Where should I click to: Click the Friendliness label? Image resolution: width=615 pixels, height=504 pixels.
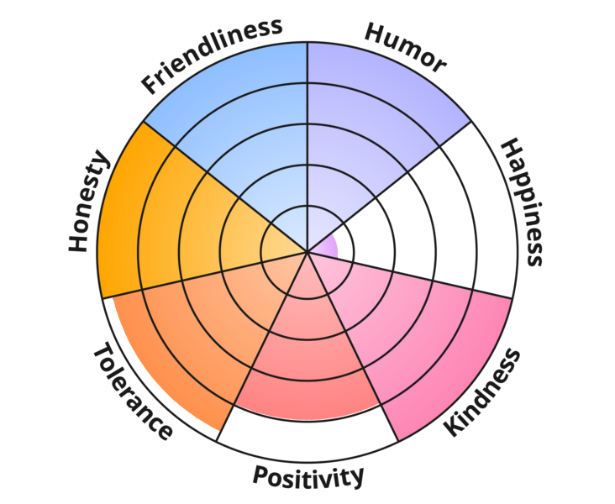coord(212,55)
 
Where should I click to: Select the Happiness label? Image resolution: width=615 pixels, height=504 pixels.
coord(523,202)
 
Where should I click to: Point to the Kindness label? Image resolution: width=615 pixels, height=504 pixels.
coord(481,392)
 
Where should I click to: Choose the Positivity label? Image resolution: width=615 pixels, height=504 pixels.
coord(307,477)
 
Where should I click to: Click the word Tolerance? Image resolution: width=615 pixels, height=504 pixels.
coord(133,391)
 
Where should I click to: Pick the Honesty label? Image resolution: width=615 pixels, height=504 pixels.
coord(88,201)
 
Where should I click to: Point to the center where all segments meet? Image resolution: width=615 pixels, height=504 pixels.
coord(307,252)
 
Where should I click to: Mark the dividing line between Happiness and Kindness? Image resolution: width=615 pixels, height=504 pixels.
coord(410,276)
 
